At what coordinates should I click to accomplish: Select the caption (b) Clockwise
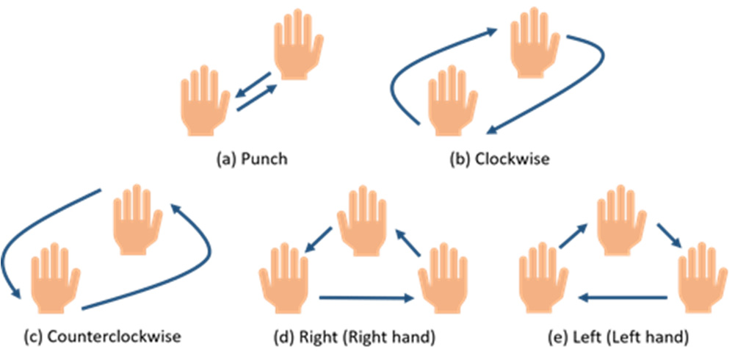[500, 157]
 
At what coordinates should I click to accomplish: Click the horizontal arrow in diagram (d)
[364, 298]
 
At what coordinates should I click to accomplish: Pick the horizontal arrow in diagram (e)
[623, 298]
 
